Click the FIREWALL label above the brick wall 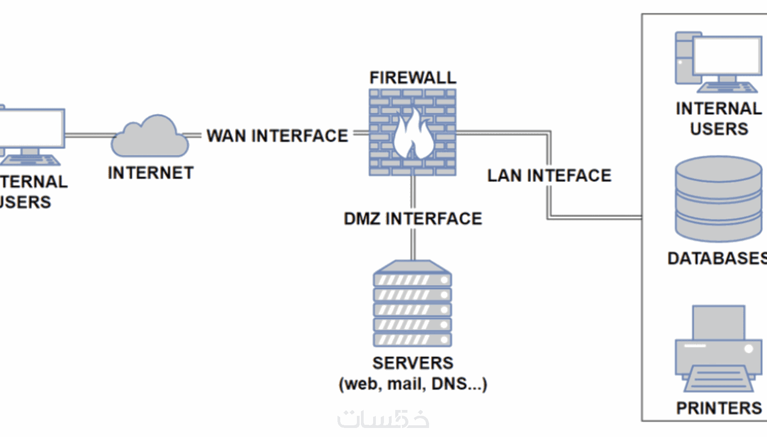[x=412, y=77]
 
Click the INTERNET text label [x=151, y=173]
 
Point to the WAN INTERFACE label [x=277, y=136]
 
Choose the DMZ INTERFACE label [x=413, y=218]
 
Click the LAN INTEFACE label [x=549, y=175]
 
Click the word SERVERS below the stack [x=413, y=363]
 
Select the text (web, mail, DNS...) [x=413, y=384]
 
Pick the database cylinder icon [x=718, y=199]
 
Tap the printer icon [x=718, y=349]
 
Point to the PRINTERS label [x=719, y=408]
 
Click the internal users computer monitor [x=726, y=56]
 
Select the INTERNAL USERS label [x=719, y=118]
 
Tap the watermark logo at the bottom [x=383, y=419]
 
